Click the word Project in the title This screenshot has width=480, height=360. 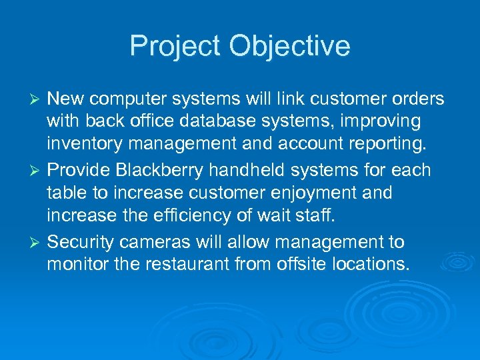[175, 47]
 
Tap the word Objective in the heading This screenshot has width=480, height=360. [290, 47]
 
